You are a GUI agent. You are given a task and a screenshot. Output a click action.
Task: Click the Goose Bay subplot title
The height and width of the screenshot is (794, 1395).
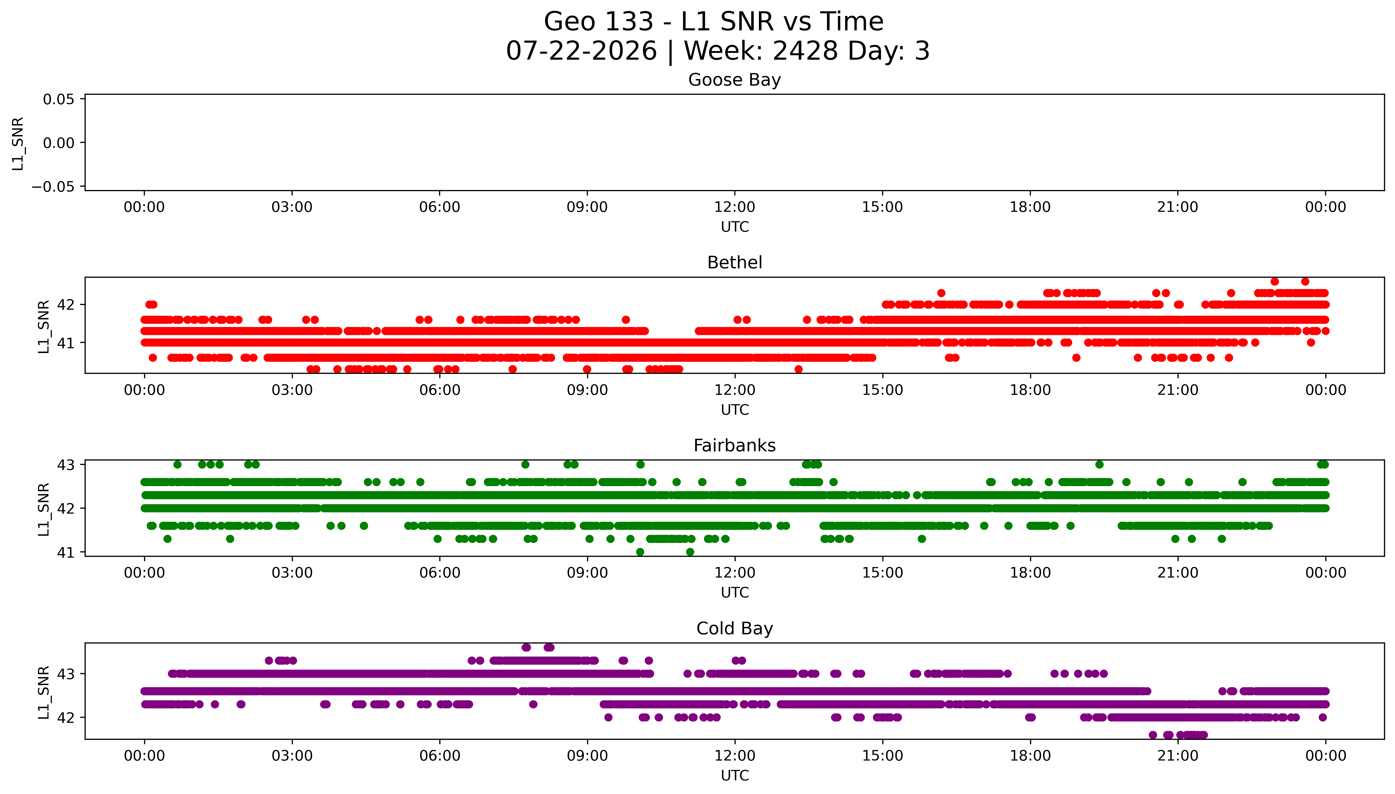coord(734,80)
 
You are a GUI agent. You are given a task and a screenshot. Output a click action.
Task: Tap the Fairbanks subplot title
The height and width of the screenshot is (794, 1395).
coord(734,446)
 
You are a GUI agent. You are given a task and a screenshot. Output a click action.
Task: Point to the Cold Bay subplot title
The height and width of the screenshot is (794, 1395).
coord(734,629)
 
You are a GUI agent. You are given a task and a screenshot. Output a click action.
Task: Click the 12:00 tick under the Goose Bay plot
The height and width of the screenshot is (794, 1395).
coord(734,207)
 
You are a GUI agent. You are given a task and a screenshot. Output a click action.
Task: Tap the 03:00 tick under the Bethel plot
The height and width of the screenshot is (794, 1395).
coord(292,390)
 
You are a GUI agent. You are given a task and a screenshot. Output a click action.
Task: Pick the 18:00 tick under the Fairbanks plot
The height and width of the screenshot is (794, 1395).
coord(1030,573)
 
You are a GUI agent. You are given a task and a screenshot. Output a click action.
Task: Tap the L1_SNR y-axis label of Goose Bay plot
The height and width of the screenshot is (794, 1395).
coord(18,143)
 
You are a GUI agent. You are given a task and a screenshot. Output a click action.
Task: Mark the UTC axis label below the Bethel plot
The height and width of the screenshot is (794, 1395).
coord(734,409)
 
